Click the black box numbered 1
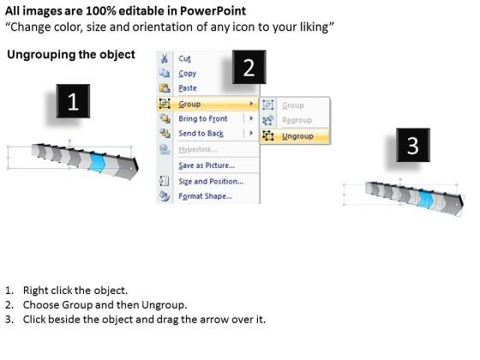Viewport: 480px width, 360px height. click(x=73, y=101)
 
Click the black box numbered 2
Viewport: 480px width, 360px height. click(x=249, y=67)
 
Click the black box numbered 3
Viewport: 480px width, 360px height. click(x=413, y=145)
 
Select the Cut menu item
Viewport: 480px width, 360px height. click(x=184, y=58)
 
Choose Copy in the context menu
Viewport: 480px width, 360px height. click(x=188, y=74)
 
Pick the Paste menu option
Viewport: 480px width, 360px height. click(x=188, y=88)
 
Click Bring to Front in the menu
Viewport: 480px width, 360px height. click(x=203, y=118)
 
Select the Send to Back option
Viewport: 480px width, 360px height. click(x=201, y=134)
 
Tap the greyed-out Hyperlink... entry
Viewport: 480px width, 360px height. click(x=198, y=149)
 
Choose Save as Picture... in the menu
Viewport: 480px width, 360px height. click(x=207, y=165)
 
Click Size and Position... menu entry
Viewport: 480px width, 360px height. click(x=211, y=181)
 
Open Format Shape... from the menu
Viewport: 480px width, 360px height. click(x=205, y=196)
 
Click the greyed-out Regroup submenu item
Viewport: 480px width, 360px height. click(x=297, y=120)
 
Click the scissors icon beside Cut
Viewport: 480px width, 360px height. click(x=165, y=58)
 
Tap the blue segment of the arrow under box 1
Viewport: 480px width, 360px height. click(x=98, y=162)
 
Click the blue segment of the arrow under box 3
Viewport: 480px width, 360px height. click(x=426, y=199)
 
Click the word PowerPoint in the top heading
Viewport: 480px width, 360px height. click(x=213, y=11)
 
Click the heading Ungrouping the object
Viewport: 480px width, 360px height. click(x=71, y=55)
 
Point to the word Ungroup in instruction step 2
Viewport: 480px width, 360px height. click(x=163, y=305)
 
